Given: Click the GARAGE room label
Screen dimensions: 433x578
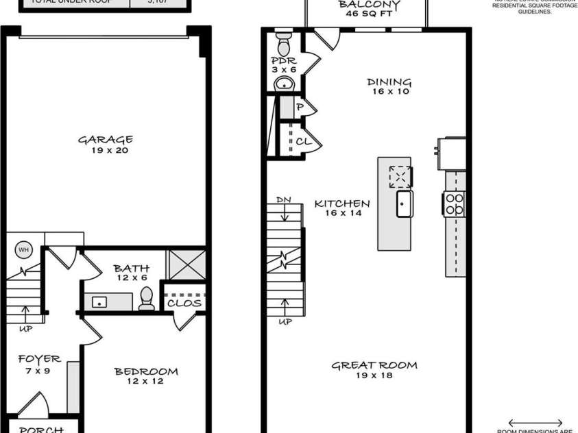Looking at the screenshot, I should coord(105,140).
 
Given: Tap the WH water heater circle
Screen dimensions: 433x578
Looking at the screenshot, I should coord(23,249).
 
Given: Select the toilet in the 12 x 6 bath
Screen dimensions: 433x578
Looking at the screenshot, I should coord(146,299).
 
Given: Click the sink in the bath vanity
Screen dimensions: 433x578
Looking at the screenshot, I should coord(99,301).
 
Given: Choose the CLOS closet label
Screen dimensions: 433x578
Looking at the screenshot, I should coord(184,302).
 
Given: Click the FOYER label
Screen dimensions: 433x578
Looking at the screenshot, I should coord(39,359).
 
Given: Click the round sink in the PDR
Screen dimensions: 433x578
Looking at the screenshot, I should coord(284,84).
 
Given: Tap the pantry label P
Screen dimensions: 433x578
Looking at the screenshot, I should coord(300,108).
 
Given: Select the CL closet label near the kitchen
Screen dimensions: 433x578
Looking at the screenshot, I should coord(302,142).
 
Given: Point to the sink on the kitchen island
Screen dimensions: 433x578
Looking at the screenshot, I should coord(405,203).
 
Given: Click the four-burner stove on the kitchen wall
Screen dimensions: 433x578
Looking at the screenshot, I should coord(455,203).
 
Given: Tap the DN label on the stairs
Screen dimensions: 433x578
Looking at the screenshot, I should coord(284,199).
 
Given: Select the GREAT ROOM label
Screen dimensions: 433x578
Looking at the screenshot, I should coord(374,365).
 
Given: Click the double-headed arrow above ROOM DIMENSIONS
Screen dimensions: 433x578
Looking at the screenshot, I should coord(535,423).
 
